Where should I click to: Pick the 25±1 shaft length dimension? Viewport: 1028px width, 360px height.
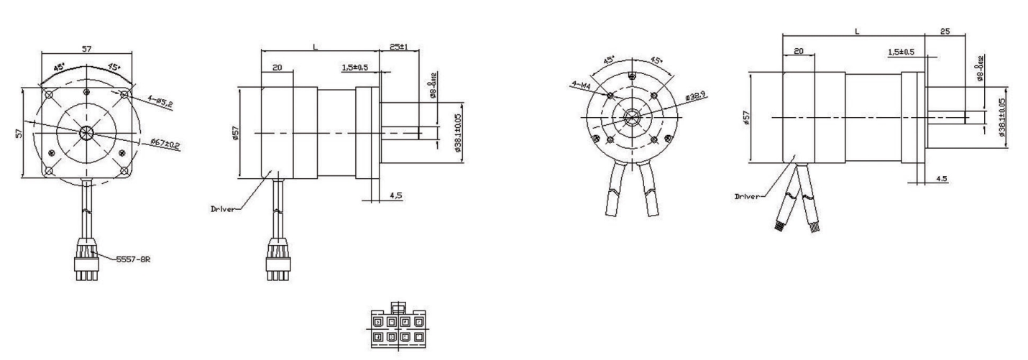[398, 47]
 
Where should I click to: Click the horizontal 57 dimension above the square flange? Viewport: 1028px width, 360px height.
[86, 49]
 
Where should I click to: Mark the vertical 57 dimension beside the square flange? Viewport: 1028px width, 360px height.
[19, 132]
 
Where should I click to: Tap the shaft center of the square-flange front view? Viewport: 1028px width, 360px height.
[86, 132]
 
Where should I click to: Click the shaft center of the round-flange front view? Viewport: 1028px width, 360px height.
[632, 116]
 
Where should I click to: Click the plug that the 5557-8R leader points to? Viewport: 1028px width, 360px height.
[86, 267]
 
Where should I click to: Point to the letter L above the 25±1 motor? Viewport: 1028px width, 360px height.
[315, 47]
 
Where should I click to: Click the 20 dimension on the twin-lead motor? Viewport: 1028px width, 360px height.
[799, 52]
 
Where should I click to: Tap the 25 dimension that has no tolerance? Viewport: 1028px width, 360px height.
[944, 32]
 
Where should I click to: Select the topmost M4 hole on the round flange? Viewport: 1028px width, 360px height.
[632, 77]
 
